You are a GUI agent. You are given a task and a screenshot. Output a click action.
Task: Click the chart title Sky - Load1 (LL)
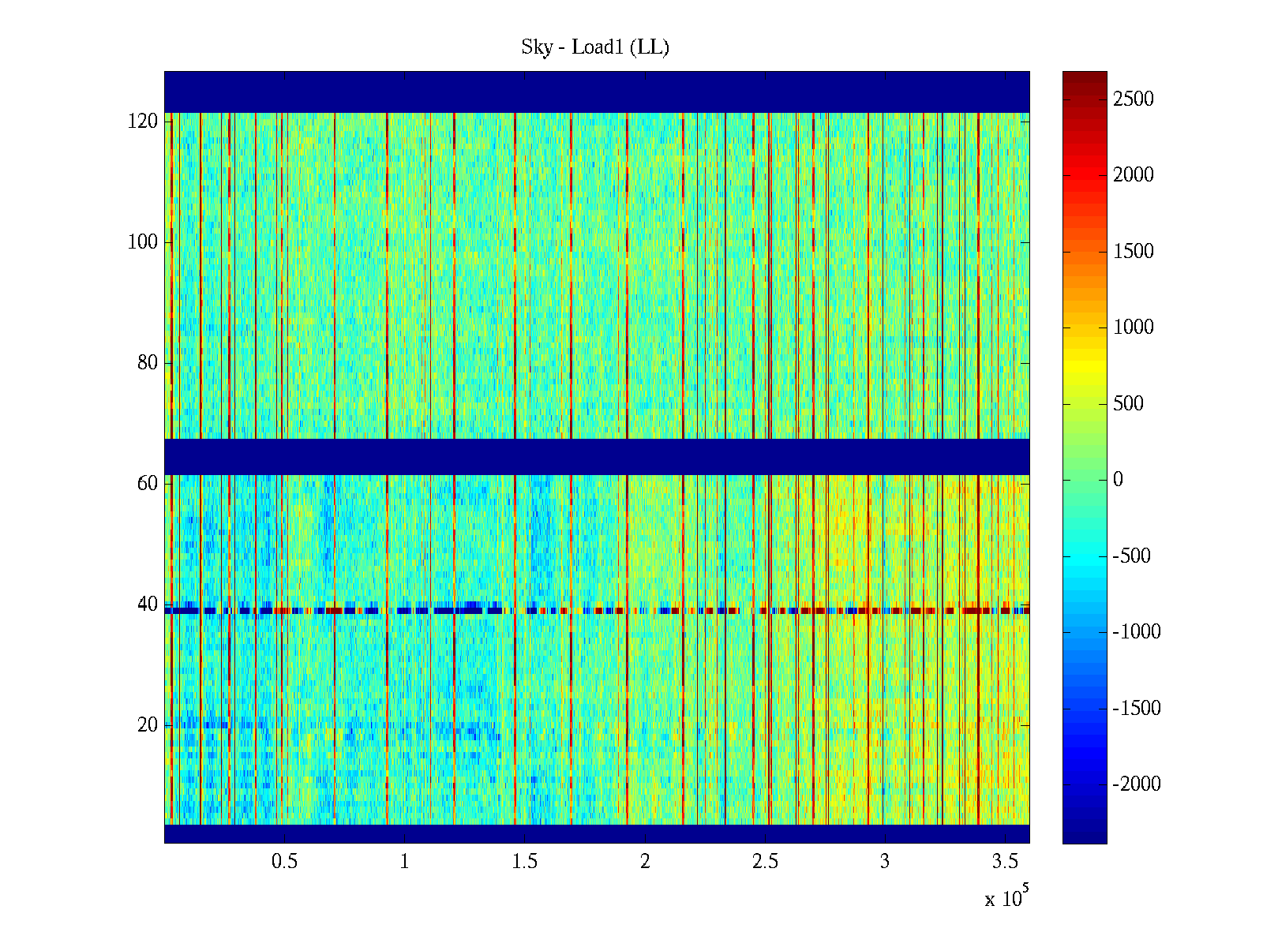pyautogui.click(x=595, y=47)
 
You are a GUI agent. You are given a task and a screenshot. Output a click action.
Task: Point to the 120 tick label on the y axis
pyautogui.click(x=143, y=122)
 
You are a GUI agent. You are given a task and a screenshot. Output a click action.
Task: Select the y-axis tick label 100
pyautogui.click(x=143, y=242)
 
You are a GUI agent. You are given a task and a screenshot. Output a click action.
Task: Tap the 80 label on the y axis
pyautogui.click(x=148, y=363)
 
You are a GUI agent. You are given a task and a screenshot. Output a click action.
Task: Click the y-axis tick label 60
pyautogui.click(x=148, y=484)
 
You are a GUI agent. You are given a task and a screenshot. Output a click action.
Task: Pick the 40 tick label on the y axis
pyautogui.click(x=148, y=605)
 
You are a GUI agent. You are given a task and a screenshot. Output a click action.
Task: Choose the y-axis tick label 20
pyautogui.click(x=148, y=725)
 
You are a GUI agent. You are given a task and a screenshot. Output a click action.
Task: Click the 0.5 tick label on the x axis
pyautogui.click(x=284, y=862)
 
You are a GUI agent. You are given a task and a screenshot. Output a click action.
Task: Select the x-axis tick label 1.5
pyautogui.click(x=524, y=862)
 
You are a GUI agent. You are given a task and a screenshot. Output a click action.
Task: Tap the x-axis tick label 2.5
pyautogui.click(x=765, y=862)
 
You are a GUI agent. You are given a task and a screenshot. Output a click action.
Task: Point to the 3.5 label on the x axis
pyautogui.click(x=1005, y=862)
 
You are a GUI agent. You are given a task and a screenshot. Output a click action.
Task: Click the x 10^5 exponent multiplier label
pyautogui.click(x=1006, y=898)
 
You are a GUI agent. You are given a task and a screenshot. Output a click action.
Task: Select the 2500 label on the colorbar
pyautogui.click(x=1133, y=99)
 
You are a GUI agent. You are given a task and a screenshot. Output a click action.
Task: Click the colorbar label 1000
pyautogui.click(x=1133, y=328)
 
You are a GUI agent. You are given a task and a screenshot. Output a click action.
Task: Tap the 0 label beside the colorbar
pyautogui.click(x=1118, y=480)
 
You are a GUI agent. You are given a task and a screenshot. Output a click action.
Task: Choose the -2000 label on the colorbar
pyautogui.click(x=1137, y=784)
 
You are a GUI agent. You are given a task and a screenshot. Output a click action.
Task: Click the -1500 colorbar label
pyautogui.click(x=1137, y=709)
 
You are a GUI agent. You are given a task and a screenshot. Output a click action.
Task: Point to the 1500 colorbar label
pyautogui.click(x=1133, y=252)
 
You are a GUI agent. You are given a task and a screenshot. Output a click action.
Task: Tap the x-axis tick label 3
pyautogui.click(x=885, y=862)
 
